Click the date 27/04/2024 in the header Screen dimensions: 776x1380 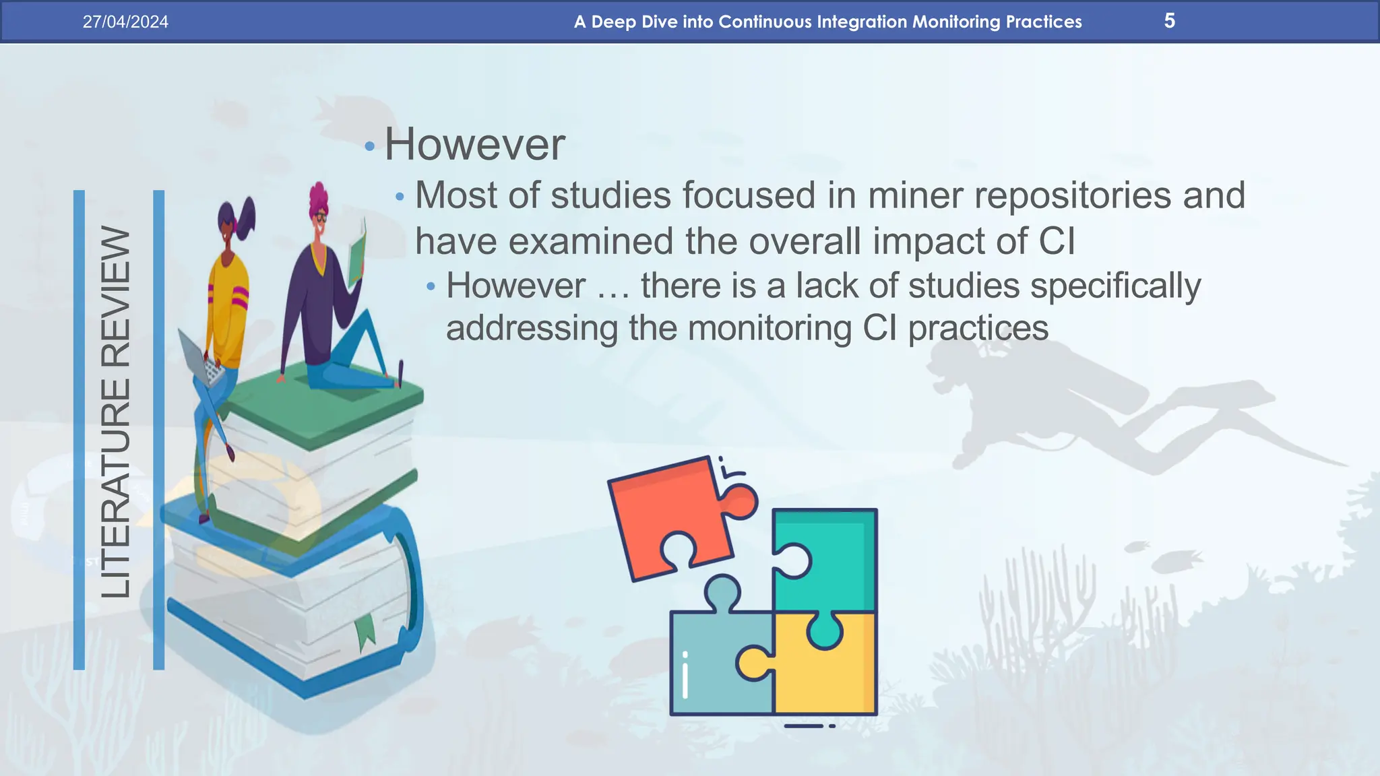[x=125, y=22]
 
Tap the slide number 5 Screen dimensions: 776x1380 [x=1169, y=21]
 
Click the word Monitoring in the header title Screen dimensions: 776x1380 [x=956, y=22]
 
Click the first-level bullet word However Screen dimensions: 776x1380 [x=474, y=144]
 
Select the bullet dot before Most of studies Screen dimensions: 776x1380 [x=400, y=197]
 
